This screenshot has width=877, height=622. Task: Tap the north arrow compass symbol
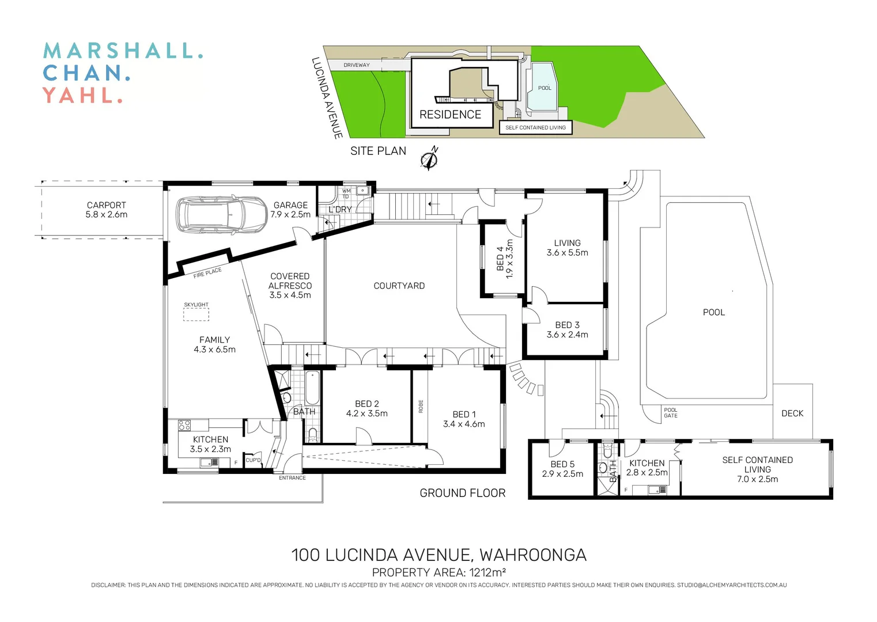tap(429, 160)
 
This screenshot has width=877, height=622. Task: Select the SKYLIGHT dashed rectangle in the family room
tap(196, 314)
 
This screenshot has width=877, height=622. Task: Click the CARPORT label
tap(106, 206)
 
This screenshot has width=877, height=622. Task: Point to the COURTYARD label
tap(399, 286)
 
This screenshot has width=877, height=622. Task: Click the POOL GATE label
tap(671, 413)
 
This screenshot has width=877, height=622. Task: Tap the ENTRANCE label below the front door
tap(292, 478)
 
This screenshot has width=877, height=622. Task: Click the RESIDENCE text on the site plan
tap(450, 115)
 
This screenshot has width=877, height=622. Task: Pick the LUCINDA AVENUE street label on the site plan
tap(327, 98)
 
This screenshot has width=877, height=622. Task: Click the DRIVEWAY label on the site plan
tap(357, 65)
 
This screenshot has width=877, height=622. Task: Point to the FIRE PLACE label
tap(207, 272)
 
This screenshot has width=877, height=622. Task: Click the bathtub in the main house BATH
tap(312, 388)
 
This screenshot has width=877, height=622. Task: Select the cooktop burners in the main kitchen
tap(184, 426)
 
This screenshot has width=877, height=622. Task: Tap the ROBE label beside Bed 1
tap(421, 406)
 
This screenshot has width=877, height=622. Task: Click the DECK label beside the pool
tap(792, 414)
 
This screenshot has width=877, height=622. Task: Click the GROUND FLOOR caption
tap(462, 493)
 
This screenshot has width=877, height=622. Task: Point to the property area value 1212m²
tap(487, 572)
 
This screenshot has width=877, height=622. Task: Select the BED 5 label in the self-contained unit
tap(562, 464)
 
